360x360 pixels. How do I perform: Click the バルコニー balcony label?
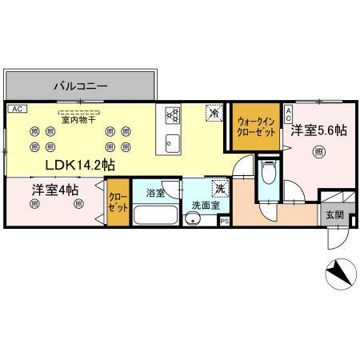[x=81, y=84]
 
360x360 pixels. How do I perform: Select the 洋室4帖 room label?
[x=55, y=190]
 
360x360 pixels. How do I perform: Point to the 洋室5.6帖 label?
[x=318, y=130]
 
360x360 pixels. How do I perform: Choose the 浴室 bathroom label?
[x=156, y=193]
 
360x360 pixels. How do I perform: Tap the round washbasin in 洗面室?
[x=190, y=222]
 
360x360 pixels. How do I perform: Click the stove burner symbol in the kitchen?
[x=171, y=117]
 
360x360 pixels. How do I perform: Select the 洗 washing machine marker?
[x=218, y=189]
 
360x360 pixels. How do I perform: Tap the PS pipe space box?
[x=225, y=222]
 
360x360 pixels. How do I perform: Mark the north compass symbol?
[x=340, y=275]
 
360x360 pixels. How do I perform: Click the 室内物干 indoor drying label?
[x=78, y=119]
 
